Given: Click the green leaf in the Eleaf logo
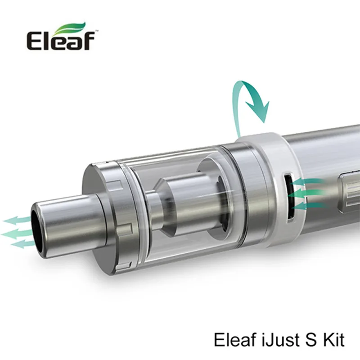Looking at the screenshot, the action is point(71,28).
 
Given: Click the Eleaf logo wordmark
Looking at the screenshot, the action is point(61,40).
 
